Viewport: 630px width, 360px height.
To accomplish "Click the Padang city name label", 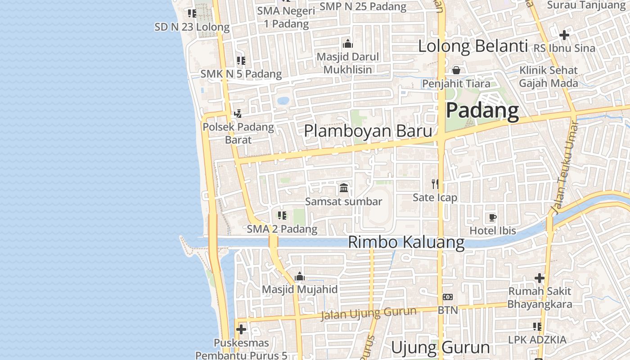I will tap(482, 111).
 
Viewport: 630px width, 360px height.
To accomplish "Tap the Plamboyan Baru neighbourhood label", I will tap(368, 131).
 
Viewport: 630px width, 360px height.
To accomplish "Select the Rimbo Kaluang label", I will tap(406, 242).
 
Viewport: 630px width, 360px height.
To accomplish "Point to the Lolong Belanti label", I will tap(472, 46).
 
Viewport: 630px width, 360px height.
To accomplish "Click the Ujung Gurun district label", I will tap(440, 348).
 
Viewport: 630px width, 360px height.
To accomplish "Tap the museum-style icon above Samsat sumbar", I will tap(344, 188).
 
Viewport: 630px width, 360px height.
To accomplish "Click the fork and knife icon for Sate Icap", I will tap(435, 184).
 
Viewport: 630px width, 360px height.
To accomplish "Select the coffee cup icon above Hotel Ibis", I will tap(492, 218).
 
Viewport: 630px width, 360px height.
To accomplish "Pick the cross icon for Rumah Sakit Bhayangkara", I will tap(539, 278).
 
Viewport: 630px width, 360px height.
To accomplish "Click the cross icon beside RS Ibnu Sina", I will tap(564, 35).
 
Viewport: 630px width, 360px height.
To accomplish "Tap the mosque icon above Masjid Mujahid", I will tap(300, 276).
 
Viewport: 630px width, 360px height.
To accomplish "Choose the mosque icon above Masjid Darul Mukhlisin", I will tap(347, 44).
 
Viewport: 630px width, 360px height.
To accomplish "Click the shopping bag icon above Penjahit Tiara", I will tap(456, 70).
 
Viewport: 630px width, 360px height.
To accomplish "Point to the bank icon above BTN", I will tap(447, 297).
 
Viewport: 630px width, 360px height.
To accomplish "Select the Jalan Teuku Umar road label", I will tap(564, 167).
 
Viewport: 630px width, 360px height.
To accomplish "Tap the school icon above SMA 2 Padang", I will tap(282, 216).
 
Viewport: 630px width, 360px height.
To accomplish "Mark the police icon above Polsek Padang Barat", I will tap(238, 114).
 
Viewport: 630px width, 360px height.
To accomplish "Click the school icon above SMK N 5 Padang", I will tap(241, 60).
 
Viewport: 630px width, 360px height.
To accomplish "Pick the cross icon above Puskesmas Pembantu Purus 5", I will tap(241, 329).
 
